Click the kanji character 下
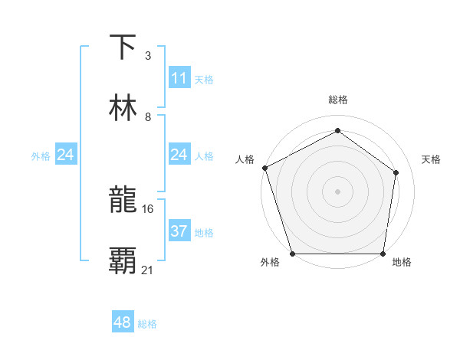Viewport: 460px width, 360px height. click(x=123, y=47)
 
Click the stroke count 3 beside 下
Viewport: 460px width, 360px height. click(x=147, y=56)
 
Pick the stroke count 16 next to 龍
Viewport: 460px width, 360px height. click(x=148, y=208)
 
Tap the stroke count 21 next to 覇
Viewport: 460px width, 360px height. click(x=148, y=269)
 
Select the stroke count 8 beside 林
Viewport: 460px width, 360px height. click(x=147, y=117)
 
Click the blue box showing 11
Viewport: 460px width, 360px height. click(x=179, y=78)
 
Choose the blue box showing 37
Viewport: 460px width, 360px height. click(x=179, y=231)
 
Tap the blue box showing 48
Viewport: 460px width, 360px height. click(x=122, y=322)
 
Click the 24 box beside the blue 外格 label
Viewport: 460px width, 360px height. click(x=65, y=155)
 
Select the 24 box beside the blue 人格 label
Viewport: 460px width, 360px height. click(x=179, y=155)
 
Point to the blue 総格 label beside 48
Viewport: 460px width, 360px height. click(x=147, y=324)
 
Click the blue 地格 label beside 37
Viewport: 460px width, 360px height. click(x=204, y=233)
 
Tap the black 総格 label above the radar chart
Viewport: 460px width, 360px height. click(x=337, y=100)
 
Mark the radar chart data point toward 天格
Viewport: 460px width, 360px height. click(x=396, y=172)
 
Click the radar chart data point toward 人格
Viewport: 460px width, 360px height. click(x=264, y=168)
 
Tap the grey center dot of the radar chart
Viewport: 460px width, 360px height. click(x=337, y=191)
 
